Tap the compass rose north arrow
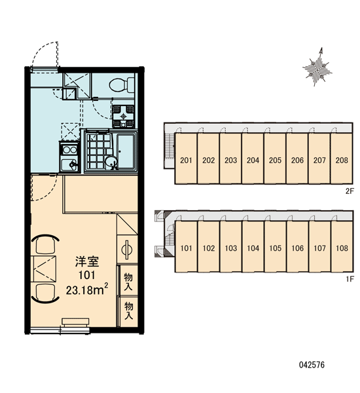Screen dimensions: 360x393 point(317,67)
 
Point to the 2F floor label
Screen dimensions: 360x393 point(350,191)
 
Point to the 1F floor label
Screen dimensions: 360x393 point(350,279)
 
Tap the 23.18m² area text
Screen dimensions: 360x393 point(87,290)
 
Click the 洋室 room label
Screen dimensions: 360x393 point(87,261)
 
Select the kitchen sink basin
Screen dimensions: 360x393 point(69,164)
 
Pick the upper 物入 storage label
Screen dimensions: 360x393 point(128,282)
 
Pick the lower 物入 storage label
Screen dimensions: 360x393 point(128,310)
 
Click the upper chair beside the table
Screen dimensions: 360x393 point(45,244)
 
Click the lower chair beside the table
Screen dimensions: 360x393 point(45,294)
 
